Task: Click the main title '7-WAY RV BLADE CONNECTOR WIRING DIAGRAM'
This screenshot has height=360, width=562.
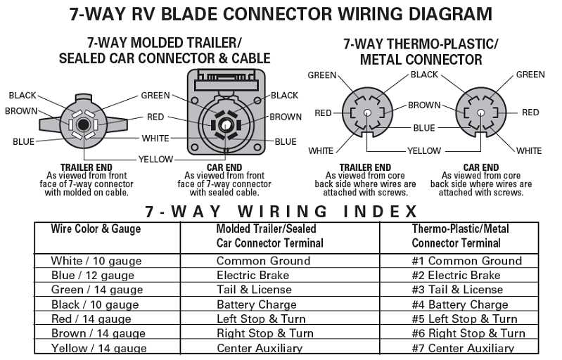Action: point(281,13)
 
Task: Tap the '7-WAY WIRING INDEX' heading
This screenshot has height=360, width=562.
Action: point(281,211)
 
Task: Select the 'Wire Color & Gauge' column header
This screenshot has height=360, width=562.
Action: point(96,229)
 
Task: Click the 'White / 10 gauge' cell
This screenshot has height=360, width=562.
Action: point(96,261)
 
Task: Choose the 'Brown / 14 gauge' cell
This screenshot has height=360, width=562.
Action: point(96,334)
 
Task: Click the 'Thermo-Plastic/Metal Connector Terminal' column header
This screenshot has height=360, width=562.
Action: point(460,236)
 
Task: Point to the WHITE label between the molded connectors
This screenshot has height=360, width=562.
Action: point(155,139)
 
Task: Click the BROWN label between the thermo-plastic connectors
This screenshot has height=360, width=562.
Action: point(424,105)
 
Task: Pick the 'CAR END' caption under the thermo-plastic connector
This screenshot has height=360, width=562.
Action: point(480,167)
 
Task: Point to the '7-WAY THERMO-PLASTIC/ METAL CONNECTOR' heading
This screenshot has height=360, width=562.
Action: point(421,51)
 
